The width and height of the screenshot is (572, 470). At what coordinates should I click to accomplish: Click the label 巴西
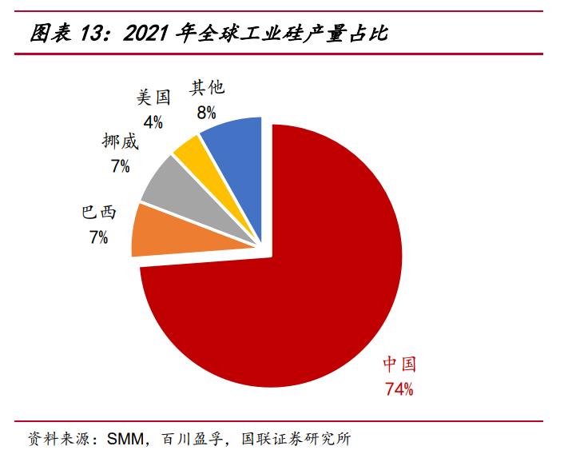pos(99,213)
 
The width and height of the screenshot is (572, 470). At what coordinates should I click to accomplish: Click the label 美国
pos(153,98)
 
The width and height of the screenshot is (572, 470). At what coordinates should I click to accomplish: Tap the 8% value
pos(207,113)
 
